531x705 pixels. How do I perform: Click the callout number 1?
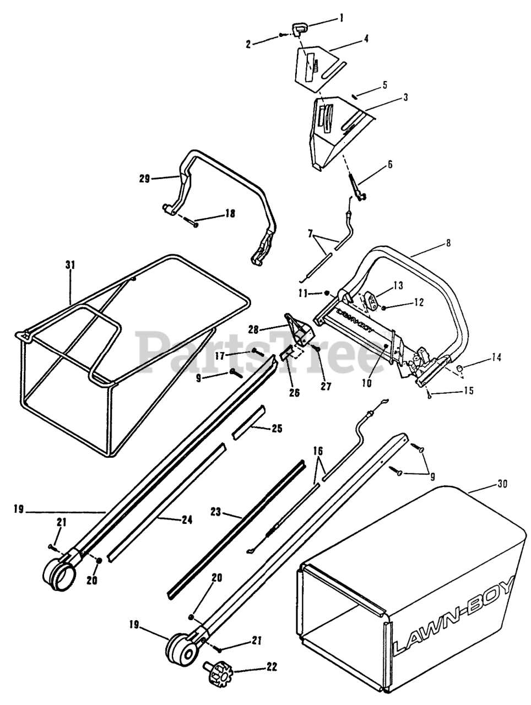click(341, 18)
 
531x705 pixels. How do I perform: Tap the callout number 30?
click(502, 484)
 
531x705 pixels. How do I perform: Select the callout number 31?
click(69, 265)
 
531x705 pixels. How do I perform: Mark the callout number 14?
click(496, 357)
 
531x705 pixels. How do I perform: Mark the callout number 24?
click(187, 519)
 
